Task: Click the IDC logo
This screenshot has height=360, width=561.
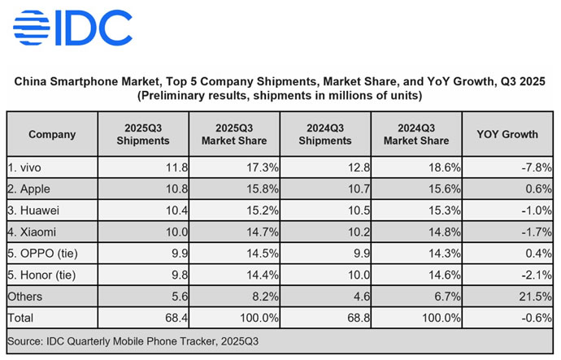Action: pos(72,28)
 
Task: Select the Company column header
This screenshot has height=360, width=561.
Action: pos(52,134)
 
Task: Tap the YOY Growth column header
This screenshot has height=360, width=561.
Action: pos(508,134)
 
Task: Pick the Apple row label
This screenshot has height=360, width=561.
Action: pos(29,189)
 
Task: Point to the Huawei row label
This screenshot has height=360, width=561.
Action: pos(32,210)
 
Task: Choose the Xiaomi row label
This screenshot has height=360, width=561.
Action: pos(31,231)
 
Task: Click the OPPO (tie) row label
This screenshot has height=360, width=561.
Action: pos(41,253)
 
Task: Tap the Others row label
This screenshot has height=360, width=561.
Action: pos(25,295)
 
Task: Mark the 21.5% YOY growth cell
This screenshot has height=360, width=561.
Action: pos(536,295)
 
